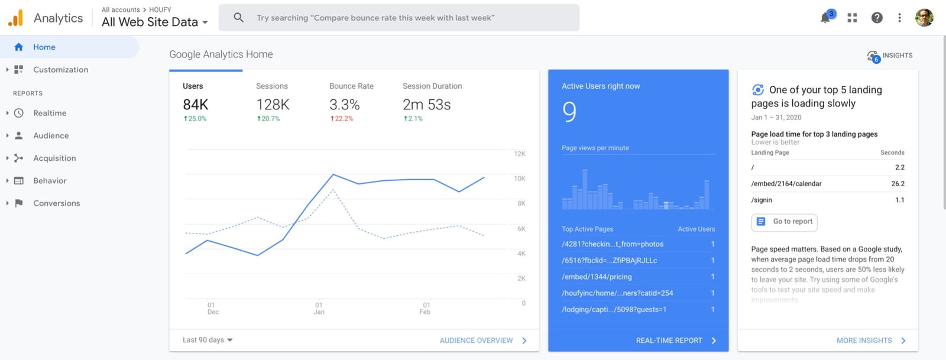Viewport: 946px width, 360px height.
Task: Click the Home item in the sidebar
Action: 44,47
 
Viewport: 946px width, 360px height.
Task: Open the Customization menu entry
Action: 60,70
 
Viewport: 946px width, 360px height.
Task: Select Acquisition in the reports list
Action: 54,158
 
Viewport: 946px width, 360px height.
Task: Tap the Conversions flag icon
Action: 18,203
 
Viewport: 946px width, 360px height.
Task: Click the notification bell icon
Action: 825,18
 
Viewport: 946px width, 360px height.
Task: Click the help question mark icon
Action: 877,18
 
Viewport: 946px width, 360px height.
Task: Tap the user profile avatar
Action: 924,18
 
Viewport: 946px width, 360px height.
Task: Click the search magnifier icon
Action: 239,18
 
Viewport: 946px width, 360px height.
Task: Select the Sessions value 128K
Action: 273,104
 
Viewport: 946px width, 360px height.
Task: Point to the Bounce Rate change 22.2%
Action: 342,119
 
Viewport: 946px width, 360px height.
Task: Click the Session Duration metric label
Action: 432,86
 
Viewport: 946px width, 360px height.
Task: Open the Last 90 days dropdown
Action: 208,340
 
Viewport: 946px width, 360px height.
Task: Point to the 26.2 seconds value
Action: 898,184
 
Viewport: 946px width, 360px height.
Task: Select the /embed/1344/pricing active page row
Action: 638,277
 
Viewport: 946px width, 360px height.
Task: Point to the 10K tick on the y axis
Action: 520,179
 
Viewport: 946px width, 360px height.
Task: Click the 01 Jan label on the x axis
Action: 319,309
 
